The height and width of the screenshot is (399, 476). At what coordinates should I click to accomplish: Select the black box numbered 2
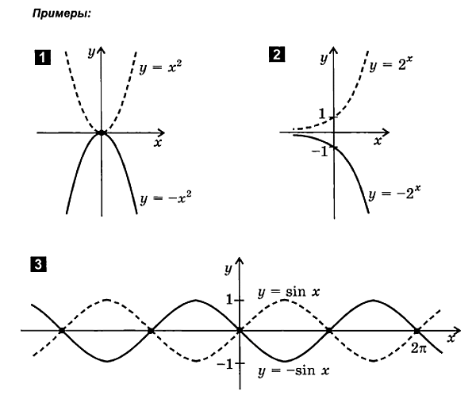[275, 56]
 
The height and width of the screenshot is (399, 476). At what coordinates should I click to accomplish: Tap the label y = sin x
[290, 293]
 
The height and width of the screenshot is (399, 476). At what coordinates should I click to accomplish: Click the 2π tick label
[420, 347]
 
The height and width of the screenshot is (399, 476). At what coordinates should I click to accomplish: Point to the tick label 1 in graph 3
[228, 300]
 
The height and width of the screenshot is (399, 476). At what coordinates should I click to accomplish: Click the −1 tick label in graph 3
[225, 364]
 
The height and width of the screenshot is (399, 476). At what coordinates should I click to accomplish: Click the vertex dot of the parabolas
[101, 132]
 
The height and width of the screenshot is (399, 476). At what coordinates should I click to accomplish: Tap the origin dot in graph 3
[239, 330]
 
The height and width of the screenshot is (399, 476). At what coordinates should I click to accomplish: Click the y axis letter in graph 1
[92, 52]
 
